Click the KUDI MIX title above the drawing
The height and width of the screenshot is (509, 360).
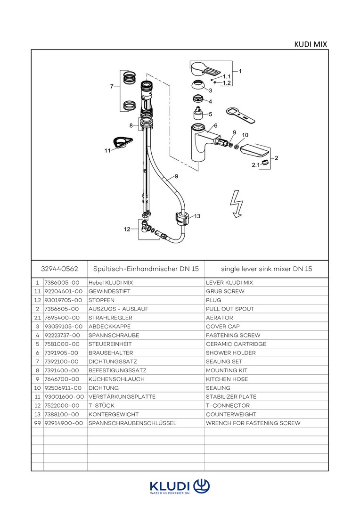click(x=311, y=44)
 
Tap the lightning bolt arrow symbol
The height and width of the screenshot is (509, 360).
click(x=235, y=204)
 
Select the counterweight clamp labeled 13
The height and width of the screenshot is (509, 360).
click(x=181, y=218)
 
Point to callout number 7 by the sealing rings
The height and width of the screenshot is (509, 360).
click(x=112, y=86)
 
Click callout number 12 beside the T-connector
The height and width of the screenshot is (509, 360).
click(x=127, y=230)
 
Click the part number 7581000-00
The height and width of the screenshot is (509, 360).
click(x=62, y=344)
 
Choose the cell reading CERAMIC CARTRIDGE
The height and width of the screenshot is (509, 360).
click(x=236, y=344)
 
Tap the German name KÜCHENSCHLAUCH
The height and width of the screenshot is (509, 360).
click(x=116, y=379)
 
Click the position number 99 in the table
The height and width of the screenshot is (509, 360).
click(x=37, y=423)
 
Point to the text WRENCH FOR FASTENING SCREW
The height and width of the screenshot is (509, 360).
click(x=253, y=423)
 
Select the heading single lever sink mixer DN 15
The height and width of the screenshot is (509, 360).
click(x=266, y=269)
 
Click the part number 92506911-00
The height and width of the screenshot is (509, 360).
click(x=64, y=388)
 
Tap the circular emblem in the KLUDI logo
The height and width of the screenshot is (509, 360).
click(x=201, y=485)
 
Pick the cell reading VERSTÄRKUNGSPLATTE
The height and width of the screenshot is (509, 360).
click(x=122, y=397)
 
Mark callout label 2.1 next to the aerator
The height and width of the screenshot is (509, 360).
click(x=255, y=165)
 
